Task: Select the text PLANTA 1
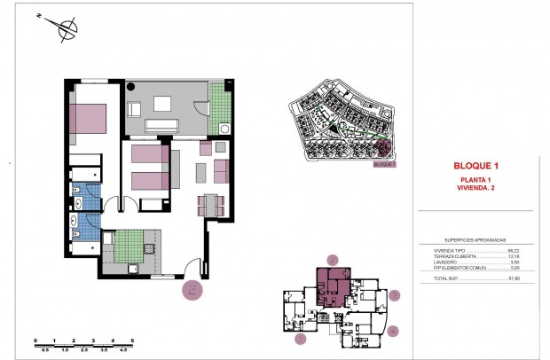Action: click(476, 181)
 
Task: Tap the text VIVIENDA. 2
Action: click(476, 189)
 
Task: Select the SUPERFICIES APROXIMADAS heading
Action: click(475, 240)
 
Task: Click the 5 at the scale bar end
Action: click(132, 340)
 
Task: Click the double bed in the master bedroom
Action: click(88, 119)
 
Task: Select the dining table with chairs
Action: click(210, 205)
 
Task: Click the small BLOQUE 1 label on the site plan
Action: click(383, 164)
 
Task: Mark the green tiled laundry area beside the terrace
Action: click(216, 105)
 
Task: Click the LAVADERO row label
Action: click(440, 262)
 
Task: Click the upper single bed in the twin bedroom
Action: click(148, 156)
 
